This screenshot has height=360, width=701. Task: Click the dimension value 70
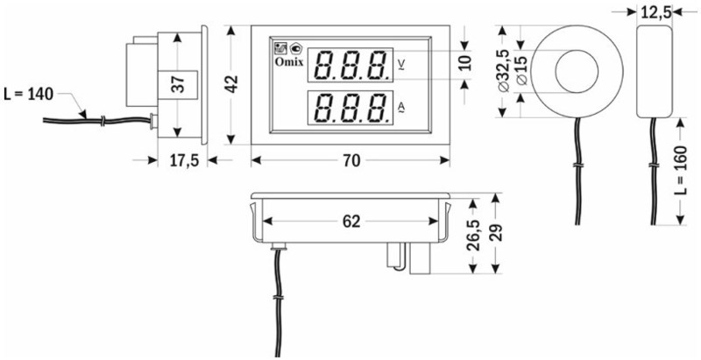pos(351,161)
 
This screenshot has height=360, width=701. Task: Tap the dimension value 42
pos(231,84)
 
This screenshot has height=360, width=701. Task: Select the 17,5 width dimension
pos(184,161)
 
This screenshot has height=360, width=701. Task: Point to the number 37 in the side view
pos(178,84)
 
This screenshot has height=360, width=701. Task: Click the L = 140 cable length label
pos(29,95)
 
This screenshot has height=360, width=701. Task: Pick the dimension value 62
pos(351,222)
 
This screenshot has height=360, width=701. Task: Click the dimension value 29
pos(496,232)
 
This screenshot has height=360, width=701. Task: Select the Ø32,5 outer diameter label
pos(503,71)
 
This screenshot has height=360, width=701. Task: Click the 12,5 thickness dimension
pos(655,13)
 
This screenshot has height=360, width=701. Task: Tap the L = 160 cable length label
pos(680,170)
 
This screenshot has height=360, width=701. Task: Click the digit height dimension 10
pos(465,62)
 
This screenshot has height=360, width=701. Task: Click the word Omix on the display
pos(288,62)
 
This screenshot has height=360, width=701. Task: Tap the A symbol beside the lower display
pos(401,107)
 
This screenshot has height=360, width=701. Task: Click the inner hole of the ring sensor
pos(577,71)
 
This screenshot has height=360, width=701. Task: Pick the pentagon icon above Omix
pos(296,48)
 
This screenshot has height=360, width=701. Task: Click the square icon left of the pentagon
pos(280,48)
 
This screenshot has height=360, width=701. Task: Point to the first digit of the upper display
pos(324,65)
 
